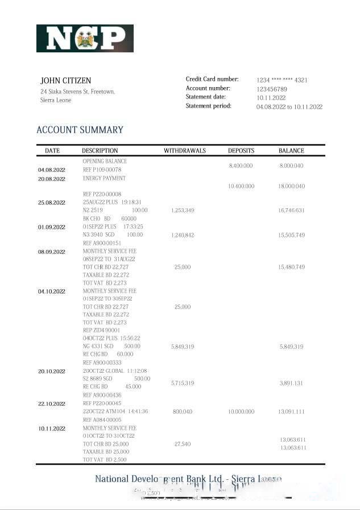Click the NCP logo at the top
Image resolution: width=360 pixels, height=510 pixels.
[85, 38]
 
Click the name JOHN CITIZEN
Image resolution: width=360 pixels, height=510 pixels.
[65, 80]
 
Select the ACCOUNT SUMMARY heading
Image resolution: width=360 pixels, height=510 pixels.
[80, 130]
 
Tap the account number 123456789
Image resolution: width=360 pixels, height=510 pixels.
[271, 89]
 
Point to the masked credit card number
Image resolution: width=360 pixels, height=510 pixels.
[282, 80]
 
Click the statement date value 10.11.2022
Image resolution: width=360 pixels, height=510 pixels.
[271, 97]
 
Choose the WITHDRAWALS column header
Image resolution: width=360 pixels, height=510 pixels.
[185, 151]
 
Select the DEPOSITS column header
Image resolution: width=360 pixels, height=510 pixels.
[241, 151]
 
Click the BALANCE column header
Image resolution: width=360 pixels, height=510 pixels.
[291, 151]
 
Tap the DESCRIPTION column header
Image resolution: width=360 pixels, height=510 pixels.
[100, 151]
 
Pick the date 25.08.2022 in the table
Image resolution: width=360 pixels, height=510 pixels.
[52, 203]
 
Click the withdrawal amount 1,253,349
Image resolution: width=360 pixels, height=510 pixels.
[183, 211]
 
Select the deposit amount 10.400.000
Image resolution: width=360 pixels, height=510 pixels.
[241, 186]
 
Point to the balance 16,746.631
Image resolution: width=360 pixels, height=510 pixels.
[291, 211]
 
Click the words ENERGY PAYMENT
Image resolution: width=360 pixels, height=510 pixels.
[104, 178]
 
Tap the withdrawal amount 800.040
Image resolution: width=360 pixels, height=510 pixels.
[183, 411]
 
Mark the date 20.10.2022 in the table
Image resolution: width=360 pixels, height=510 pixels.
[52, 371]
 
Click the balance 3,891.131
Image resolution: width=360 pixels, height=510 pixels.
[291, 383]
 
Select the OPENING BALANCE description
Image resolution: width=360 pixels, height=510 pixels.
[105, 161]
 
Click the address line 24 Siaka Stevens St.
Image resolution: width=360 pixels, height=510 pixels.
[77, 92]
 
